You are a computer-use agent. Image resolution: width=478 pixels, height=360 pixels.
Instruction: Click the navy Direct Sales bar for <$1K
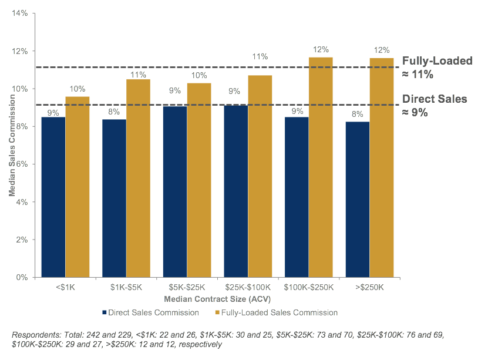coord(53,197)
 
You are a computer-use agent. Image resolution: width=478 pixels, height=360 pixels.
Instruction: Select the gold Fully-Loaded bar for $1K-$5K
coord(139,179)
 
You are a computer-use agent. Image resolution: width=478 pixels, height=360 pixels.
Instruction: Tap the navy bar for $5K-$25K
coord(175,191)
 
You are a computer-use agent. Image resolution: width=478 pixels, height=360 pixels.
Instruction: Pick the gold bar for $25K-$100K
coord(260,176)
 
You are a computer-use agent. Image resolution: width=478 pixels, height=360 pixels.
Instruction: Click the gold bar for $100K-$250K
coord(321,167)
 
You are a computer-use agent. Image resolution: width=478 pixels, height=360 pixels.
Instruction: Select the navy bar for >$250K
coord(358,200)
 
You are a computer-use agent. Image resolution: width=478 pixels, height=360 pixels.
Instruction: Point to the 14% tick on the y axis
coord(20,13)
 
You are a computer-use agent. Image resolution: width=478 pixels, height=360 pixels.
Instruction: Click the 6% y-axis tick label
coord(22,164)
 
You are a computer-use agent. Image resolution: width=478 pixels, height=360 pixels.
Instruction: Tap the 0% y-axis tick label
coord(22,277)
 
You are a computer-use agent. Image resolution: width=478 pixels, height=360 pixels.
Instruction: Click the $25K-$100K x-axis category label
coord(248,287)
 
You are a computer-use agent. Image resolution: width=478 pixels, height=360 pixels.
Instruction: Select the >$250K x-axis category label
coord(369,287)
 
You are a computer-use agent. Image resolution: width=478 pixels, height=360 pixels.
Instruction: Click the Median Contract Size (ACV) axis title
coord(217,299)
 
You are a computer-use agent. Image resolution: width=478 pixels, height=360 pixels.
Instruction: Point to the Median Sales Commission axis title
coord(12,146)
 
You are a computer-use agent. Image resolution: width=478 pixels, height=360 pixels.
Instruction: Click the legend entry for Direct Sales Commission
coord(150,313)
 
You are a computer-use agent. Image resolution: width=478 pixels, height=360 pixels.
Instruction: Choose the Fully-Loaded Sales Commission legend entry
coord(277,313)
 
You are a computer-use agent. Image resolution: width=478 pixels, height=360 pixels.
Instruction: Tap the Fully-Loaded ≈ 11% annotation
coord(437,68)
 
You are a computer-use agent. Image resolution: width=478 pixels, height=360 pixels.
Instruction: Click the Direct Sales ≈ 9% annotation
coord(435,106)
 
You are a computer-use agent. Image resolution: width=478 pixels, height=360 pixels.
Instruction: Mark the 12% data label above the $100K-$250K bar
coord(321,50)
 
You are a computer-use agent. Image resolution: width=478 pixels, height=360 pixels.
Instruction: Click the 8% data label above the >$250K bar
coord(357,115)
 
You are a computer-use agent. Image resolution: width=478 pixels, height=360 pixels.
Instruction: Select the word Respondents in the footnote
coord(36,335)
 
